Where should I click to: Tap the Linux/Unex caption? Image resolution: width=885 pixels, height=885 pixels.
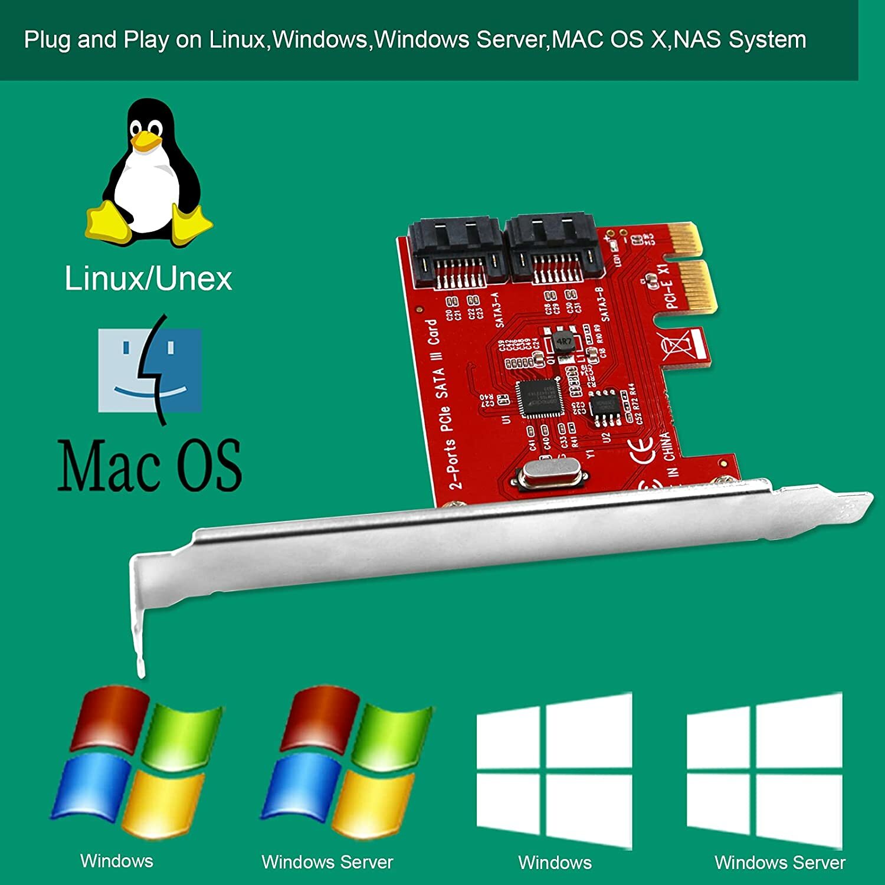tap(148, 278)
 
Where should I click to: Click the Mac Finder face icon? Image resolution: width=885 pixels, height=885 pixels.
tap(150, 371)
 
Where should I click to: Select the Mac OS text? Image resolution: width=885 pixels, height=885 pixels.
tap(149, 466)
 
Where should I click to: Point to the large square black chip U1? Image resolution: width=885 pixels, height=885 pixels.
tap(539, 398)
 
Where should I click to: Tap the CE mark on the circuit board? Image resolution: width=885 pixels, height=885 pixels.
tap(643, 450)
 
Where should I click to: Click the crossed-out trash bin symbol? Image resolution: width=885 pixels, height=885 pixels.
tap(673, 346)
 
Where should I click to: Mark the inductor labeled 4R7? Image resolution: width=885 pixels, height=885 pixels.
tap(564, 342)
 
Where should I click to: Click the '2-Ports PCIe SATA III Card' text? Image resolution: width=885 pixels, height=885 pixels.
tap(443, 404)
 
